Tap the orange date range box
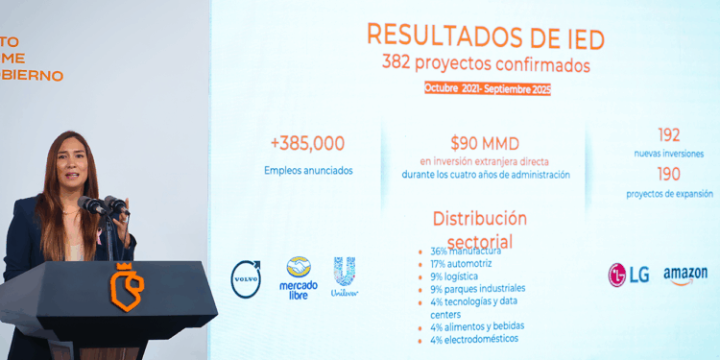(488, 88)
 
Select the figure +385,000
(307, 143)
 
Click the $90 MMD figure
(485, 144)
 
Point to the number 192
(668, 135)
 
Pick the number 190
(668, 174)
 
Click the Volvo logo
(247, 278)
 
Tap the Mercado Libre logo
(298, 277)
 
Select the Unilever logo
(345, 276)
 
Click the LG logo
(629, 275)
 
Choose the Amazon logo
(684, 276)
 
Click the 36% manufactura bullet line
(471, 252)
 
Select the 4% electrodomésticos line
(473, 339)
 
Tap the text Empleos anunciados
(308, 170)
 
